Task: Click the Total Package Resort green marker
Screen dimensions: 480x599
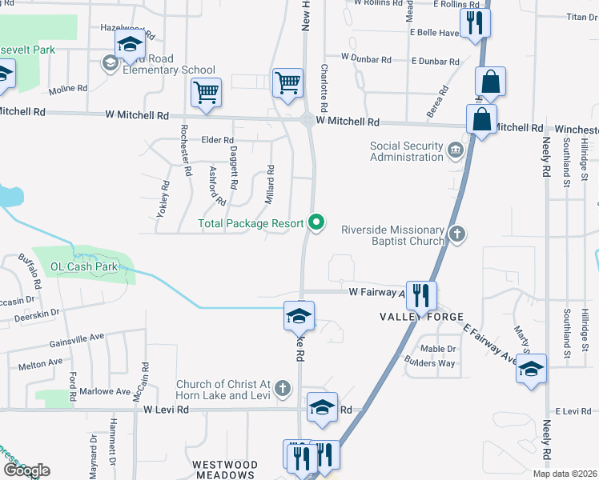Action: pyautogui.click(x=317, y=223)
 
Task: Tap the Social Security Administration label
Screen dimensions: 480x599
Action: pyautogui.click(x=406, y=151)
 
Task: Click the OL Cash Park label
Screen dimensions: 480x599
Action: pyautogui.click(x=83, y=266)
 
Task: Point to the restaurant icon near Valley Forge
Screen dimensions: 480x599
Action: pyautogui.click(x=420, y=295)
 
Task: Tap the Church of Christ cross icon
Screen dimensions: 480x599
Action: pyautogui.click(x=282, y=390)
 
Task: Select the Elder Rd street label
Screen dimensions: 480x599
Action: pyautogui.click(x=216, y=140)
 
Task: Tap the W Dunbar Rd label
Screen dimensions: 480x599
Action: pyautogui.click(x=365, y=58)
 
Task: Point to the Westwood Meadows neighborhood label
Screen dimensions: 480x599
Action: pyautogui.click(x=224, y=470)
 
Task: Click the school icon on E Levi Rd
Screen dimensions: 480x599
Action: pyautogui.click(x=322, y=406)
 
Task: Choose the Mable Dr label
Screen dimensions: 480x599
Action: pyautogui.click(x=438, y=349)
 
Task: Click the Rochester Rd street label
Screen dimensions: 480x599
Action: pyautogui.click(x=186, y=151)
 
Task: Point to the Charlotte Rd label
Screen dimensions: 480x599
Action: pyautogui.click(x=324, y=88)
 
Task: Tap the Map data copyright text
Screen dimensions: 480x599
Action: pyautogui.click(x=565, y=474)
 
